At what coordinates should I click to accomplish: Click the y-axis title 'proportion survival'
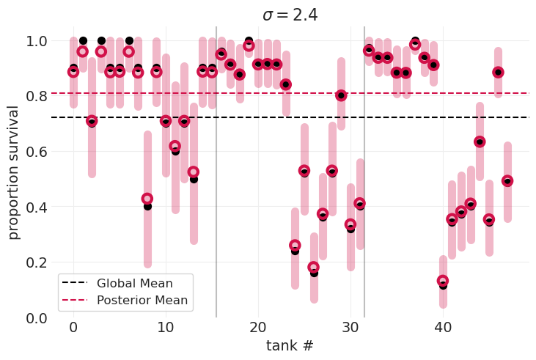(14, 172)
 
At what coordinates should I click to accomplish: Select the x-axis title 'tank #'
(290, 345)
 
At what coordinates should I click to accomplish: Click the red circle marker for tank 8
(147, 199)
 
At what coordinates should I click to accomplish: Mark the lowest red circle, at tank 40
(443, 281)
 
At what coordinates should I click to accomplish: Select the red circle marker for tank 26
(314, 268)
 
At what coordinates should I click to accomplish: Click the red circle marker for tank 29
(341, 95)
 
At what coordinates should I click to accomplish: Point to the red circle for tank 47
(507, 180)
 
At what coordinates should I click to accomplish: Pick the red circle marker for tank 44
(480, 142)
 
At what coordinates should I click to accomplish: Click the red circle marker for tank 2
(92, 120)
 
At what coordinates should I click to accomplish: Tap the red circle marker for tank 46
(498, 72)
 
